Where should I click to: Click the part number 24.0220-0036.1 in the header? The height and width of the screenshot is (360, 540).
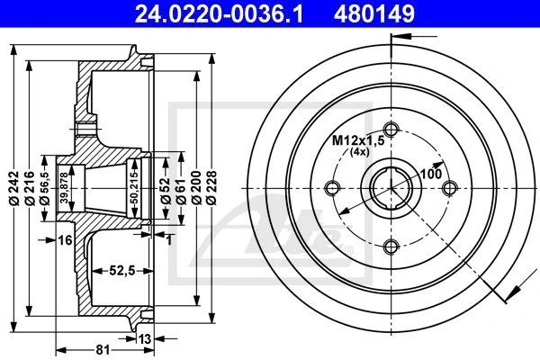point(219,13)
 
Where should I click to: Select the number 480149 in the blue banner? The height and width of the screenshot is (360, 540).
point(374,13)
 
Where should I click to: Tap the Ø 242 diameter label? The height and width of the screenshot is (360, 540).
point(14,188)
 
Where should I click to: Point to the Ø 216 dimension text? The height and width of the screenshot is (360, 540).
point(30,188)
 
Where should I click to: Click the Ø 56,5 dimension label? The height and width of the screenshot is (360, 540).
point(45,188)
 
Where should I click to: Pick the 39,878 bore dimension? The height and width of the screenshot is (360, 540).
point(63,188)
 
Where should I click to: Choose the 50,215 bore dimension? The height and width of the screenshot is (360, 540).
point(134,188)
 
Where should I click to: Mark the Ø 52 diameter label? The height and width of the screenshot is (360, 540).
point(166,190)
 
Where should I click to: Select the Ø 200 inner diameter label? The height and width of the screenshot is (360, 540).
point(196,188)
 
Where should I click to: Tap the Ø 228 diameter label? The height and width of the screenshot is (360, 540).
point(212,188)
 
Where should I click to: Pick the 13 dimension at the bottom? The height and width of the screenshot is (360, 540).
point(145,339)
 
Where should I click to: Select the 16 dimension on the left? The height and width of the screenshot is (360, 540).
point(65,240)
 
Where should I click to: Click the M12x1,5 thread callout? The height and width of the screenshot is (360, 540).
point(358,140)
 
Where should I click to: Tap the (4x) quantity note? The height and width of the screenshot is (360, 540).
point(359,152)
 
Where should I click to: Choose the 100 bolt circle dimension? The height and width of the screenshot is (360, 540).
point(431,174)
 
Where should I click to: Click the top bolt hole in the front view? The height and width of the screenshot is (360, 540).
point(391,130)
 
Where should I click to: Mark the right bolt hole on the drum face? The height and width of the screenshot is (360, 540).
point(449,188)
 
